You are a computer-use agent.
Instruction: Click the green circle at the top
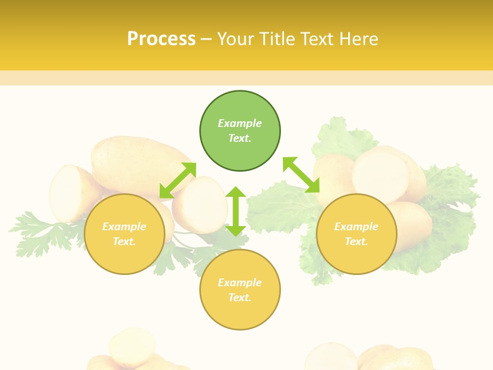pyautogui.click(x=240, y=131)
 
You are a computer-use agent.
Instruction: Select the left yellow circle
pyautogui.click(x=124, y=234)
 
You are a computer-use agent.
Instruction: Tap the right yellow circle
pyautogui.click(x=356, y=234)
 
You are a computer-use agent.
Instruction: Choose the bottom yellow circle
pyautogui.click(x=240, y=290)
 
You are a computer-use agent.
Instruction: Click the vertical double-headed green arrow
pyautogui.click(x=236, y=211)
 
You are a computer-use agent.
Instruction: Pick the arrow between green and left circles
pyautogui.click(x=178, y=180)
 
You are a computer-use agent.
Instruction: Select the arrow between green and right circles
pyautogui.click(x=301, y=175)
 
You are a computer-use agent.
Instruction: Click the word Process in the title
pyautogui.click(x=161, y=39)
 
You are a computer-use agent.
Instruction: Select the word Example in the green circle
pyautogui.click(x=240, y=123)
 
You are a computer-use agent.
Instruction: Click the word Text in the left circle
pyautogui.click(x=124, y=242)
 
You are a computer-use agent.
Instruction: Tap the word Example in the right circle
pyautogui.click(x=356, y=227)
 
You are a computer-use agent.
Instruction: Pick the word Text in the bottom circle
pyautogui.click(x=240, y=298)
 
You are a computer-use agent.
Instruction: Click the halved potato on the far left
pyautogui.click(x=69, y=193)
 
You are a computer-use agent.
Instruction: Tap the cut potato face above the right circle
pyautogui.click(x=380, y=175)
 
